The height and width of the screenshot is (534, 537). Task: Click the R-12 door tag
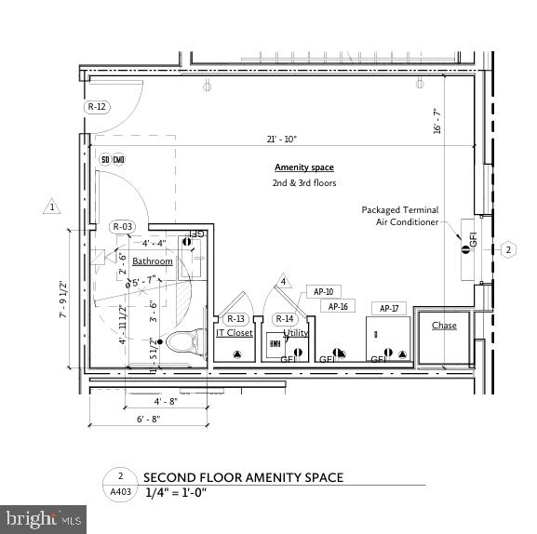[98, 107]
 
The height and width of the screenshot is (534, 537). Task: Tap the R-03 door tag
[123, 227]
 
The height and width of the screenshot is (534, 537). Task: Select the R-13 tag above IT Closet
[235, 319]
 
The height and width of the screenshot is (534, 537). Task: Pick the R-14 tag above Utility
[285, 319]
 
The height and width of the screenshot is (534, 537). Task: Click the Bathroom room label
[152, 261]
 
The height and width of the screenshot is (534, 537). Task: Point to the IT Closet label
[235, 332]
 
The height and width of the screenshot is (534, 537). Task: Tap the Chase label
[444, 326]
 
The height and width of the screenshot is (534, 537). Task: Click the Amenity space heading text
[303, 167]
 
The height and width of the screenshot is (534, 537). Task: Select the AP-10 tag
[323, 291]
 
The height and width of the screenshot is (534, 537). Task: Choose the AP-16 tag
[337, 306]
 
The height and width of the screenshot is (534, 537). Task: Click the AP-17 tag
[388, 308]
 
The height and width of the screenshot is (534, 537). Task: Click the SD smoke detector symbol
[105, 159]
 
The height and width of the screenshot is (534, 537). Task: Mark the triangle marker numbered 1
[53, 207]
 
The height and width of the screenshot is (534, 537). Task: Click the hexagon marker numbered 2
[508, 249]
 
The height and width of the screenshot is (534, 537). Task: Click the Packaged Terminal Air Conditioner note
[400, 216]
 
